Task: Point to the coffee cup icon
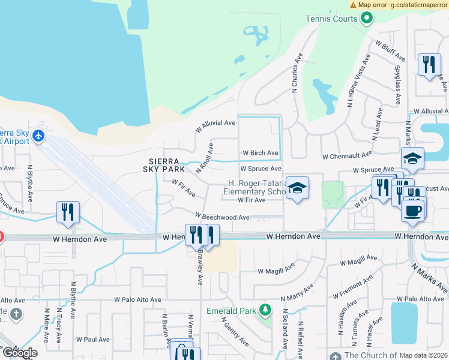pos(412,211)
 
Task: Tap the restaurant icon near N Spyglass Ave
pos(428,64)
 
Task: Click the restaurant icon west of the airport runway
pos(68,211)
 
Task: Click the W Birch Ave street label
pos(259,153)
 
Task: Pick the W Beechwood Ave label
pos(221,217)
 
